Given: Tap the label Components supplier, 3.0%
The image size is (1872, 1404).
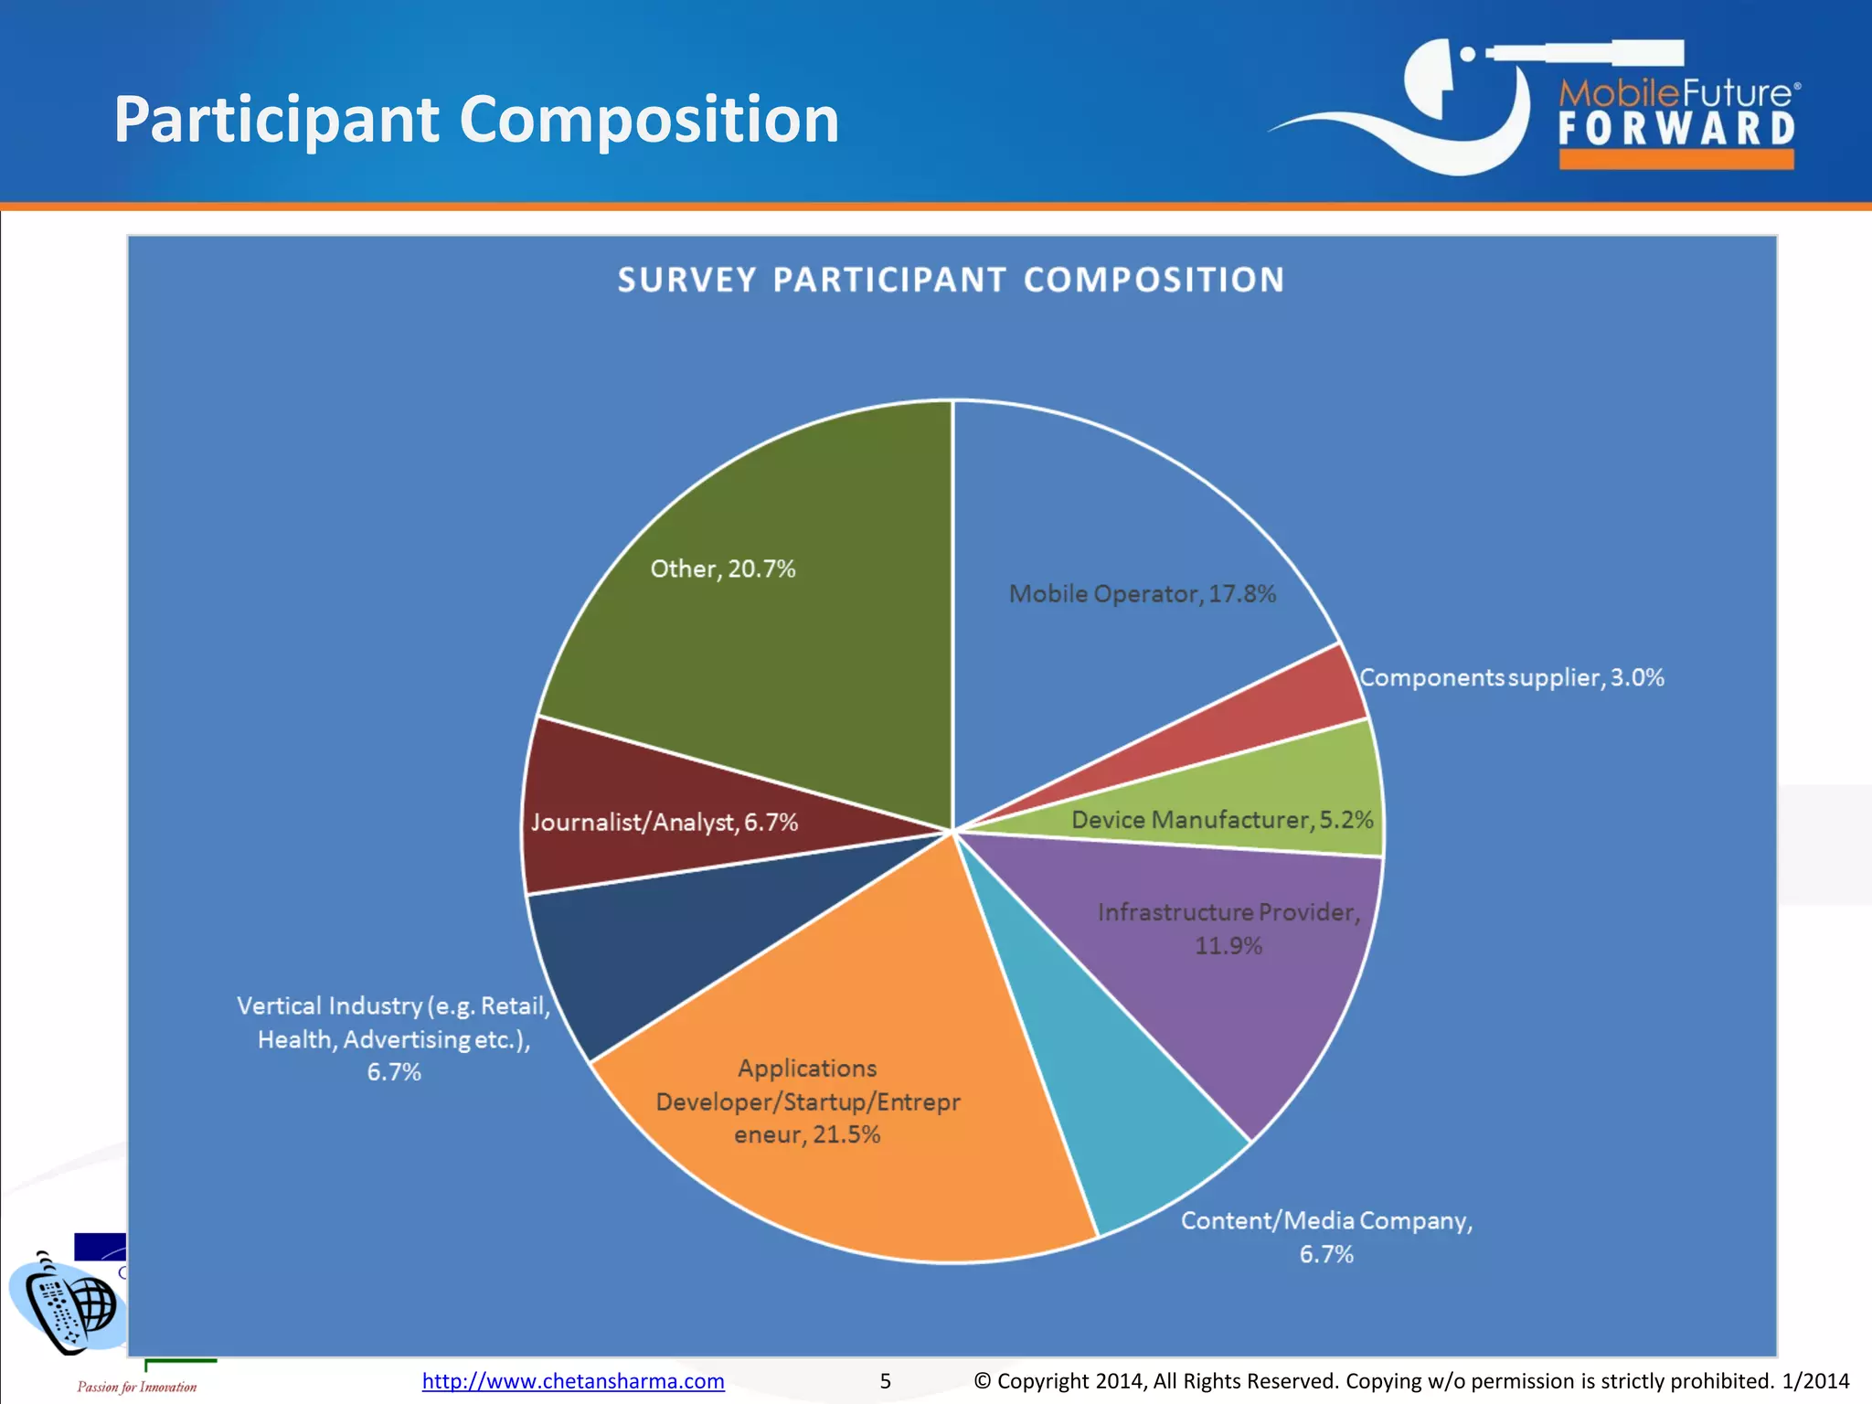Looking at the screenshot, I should pyautogui.click(x=1511, y=677).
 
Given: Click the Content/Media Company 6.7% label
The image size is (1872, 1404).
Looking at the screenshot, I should pyautogui.click(x=1326, y=1237).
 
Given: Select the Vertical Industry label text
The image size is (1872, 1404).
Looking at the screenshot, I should pyautogui.click(x=394, y=1038).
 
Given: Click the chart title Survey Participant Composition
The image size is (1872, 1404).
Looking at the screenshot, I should pyautogui.click(x=951, y=280).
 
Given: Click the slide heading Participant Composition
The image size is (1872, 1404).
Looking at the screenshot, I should pyautogui.click(x=476, y=120).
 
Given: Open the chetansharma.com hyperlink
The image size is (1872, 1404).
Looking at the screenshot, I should pyautogui.click(x=573, y=1380).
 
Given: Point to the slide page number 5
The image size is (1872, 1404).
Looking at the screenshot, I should pyautogui.click(x=885, y=1380).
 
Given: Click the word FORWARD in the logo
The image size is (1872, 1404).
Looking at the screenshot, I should pyautogui.click(x=1676, y=129).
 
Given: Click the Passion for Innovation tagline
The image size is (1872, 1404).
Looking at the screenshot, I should pyautogui.click(x=137, y=1387).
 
